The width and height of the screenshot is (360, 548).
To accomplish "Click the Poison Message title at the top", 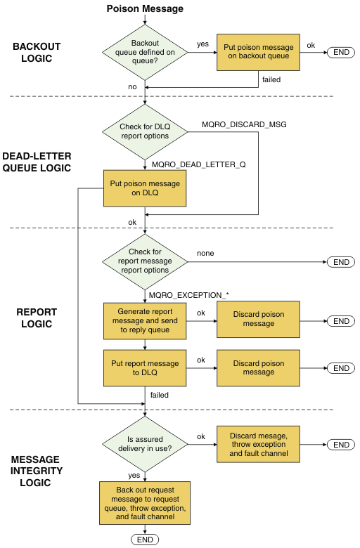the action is [145, 8].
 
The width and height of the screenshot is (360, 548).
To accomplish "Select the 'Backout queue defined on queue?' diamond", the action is [145, 53].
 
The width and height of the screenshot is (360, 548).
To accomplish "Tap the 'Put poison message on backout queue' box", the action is [258, 52].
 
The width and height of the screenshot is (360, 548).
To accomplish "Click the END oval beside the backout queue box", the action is [341, 53].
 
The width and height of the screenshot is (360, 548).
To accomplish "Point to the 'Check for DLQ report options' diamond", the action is [145, 132].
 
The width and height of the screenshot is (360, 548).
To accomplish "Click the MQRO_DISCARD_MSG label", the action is [244, 124].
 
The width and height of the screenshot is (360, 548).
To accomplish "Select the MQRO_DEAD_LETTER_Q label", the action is [199, 164].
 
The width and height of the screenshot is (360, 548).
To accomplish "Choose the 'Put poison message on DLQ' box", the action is [145, 188].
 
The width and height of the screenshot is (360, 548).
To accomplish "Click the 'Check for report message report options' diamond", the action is [145, 262].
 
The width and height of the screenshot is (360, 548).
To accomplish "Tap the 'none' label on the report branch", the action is [205, 253].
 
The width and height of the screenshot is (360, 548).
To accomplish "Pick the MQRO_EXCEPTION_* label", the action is [189, 295].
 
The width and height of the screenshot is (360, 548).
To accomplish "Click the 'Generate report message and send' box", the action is [145, 321].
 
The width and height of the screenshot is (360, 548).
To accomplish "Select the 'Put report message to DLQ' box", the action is [145, 368].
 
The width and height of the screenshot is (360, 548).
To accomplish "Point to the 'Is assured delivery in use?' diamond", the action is [145, 444].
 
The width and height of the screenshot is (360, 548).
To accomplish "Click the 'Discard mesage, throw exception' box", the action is [258, 445].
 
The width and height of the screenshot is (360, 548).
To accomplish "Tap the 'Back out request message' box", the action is [145, 503].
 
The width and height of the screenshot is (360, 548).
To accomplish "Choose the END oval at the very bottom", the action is [145, 540].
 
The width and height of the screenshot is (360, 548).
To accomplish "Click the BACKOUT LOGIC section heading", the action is [37, 53].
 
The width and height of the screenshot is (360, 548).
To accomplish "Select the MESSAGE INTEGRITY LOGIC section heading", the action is [36, 471].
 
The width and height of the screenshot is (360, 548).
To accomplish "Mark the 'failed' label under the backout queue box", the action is [271, 79].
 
